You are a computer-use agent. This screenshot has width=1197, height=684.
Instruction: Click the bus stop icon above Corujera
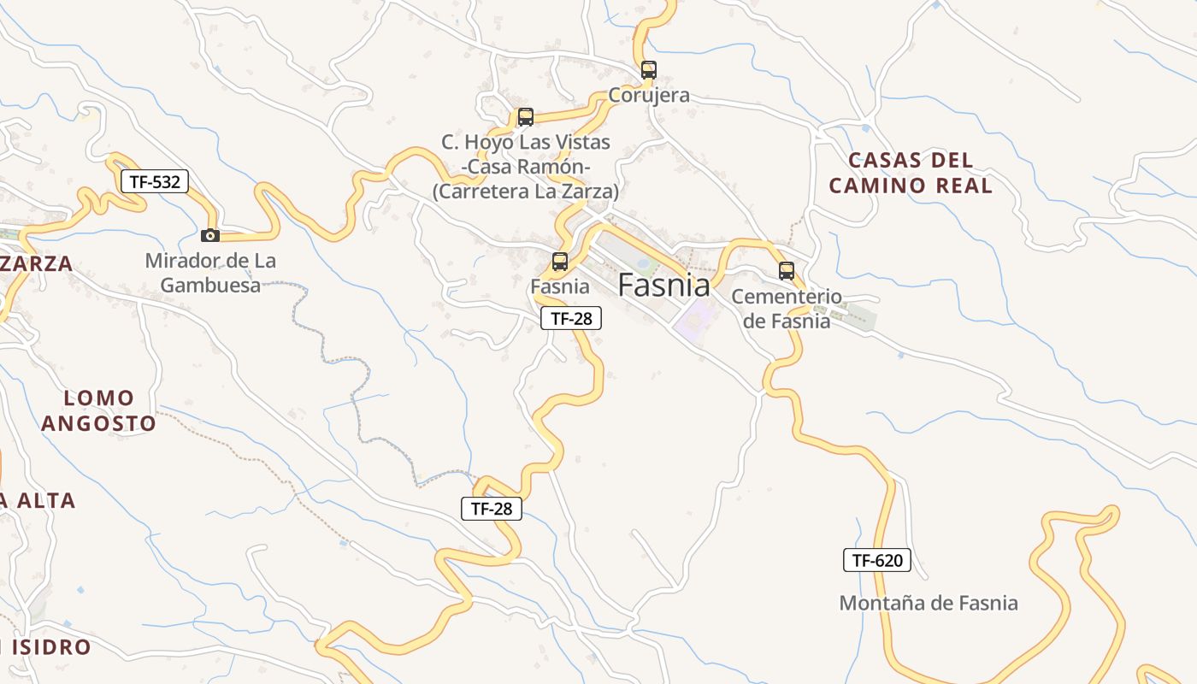(649, 70)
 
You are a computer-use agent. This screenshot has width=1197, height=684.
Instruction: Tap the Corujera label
(649, 95)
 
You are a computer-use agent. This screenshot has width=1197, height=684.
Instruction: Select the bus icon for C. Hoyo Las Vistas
(526, 117)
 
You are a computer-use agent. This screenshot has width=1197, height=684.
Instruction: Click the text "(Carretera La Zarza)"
(525, 192)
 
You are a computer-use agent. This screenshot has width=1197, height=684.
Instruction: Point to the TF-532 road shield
(154, 181)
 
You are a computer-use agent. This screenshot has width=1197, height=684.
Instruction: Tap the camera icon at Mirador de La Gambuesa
(209, 235)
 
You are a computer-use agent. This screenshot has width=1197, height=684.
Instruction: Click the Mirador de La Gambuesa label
(210, 273)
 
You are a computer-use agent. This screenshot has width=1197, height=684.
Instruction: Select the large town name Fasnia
(663, 285)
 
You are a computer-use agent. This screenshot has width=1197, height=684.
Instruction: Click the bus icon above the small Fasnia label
(560, 262)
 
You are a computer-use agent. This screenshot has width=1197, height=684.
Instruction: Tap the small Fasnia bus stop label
(560, 286)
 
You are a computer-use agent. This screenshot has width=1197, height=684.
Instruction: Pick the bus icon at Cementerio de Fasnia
(787, 271)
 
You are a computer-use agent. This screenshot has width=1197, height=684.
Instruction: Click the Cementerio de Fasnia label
(787, 309)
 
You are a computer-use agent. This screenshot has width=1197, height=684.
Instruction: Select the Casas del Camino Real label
(911, 173)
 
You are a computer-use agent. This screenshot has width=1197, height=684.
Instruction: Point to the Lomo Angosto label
(99, 410)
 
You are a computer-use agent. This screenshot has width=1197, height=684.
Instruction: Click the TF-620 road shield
(877, 561)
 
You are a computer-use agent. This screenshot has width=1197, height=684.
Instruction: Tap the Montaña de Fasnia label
(929, 603)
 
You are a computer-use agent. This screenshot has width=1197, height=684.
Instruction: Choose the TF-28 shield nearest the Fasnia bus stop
(571, 319)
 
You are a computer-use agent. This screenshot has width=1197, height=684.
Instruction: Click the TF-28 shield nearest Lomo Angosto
(492, 509)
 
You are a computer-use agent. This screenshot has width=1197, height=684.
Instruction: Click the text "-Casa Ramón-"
(526, 167)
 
